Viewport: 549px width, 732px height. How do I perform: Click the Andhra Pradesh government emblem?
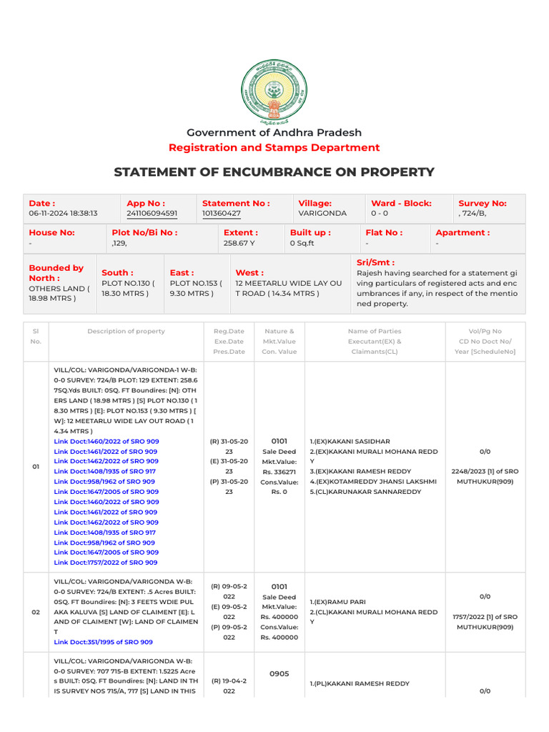click(274, 91)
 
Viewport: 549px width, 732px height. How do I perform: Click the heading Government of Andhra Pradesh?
click(274, 132)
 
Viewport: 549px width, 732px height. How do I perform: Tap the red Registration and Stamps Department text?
click(274, 147)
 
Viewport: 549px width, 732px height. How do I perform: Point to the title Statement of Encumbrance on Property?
click(274, 172)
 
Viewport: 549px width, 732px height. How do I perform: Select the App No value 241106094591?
click(152, 213)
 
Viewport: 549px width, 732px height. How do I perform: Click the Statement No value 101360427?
click(222, 213)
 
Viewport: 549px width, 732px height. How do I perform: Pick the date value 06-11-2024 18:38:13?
click(63, 213)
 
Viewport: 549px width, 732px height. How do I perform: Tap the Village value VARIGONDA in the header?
click(322, 213)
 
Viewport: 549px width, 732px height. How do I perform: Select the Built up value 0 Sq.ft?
click(302, 243)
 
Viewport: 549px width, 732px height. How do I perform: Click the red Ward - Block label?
click(401, 203)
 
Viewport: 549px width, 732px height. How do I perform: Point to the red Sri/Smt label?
click(375, 262)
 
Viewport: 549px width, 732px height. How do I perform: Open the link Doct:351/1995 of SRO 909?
click(103, 642)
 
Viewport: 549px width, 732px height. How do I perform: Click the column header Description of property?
click(126, 331)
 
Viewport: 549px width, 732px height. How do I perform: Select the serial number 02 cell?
click(36, 612)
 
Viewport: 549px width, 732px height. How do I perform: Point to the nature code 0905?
click(279, 673)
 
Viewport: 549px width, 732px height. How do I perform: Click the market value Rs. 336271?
click(279, 472)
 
